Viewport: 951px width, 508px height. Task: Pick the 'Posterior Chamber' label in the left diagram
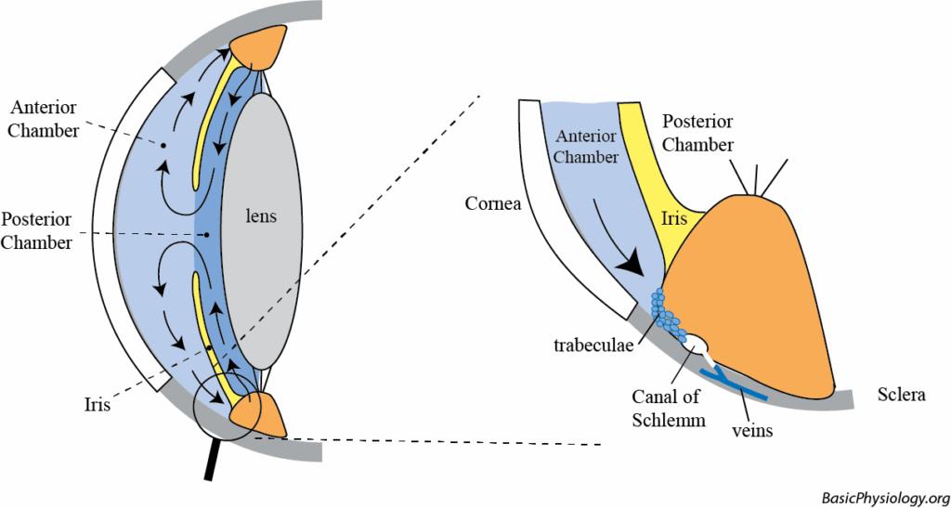[37, 231]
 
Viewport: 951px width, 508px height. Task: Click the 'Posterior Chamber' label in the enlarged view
[698, 134]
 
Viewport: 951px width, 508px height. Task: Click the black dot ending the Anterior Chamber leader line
[163, 146]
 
